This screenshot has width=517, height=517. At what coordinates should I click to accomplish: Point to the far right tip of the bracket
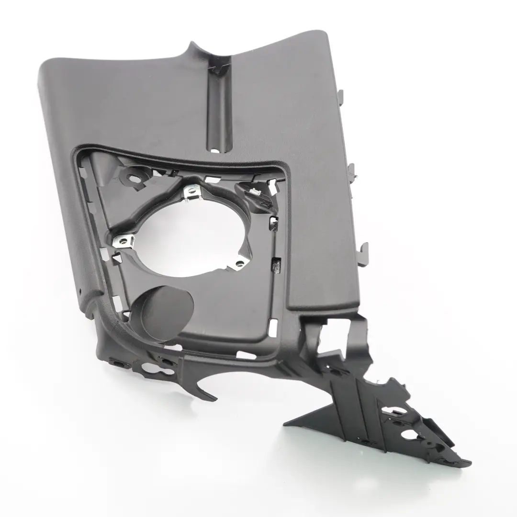click(x=468, y=463)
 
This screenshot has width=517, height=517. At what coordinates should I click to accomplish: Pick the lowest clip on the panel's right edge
click(x=364, y=249)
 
